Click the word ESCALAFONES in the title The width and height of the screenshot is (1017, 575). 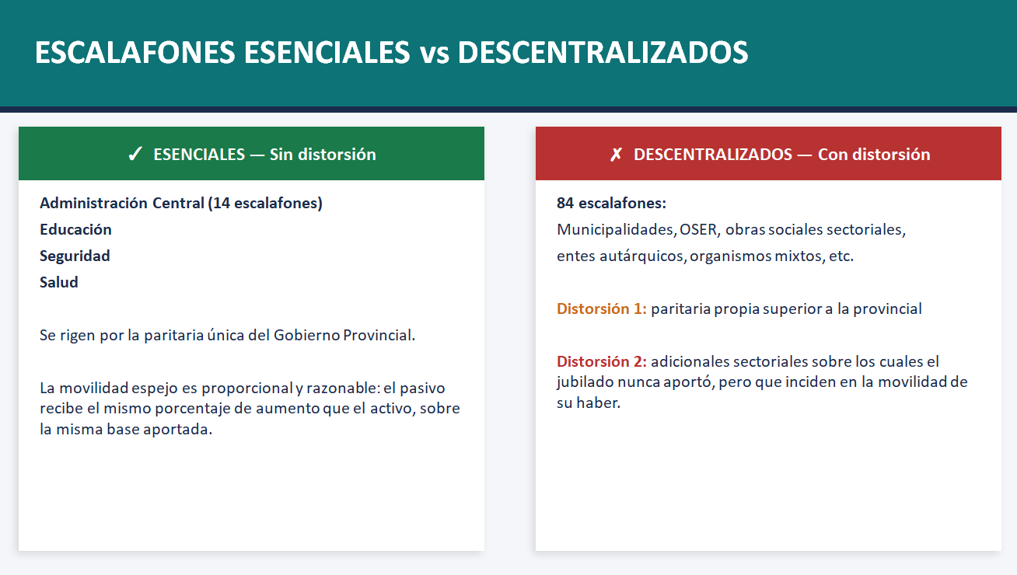(135, 52)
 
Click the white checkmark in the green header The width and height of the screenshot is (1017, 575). (135, 154)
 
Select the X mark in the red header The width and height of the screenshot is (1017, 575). (616, 155)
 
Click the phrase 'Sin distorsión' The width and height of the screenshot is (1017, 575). (323, 155)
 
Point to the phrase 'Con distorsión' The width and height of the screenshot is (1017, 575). (874, 155)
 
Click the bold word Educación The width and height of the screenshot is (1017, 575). (76, 230)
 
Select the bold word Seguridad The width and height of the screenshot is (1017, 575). (75, 256)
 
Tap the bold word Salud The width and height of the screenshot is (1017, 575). (59, 282)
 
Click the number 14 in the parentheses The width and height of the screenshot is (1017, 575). (222, 203)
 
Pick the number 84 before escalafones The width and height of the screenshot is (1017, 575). (565, 203)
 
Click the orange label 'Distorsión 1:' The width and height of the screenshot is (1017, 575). (602, 308)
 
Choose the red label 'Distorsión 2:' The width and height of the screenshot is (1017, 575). (602, 361)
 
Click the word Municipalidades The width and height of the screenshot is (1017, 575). (616, 230)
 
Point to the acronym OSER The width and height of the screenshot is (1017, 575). (699, 230)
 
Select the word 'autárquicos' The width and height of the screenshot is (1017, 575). (642, 256)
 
